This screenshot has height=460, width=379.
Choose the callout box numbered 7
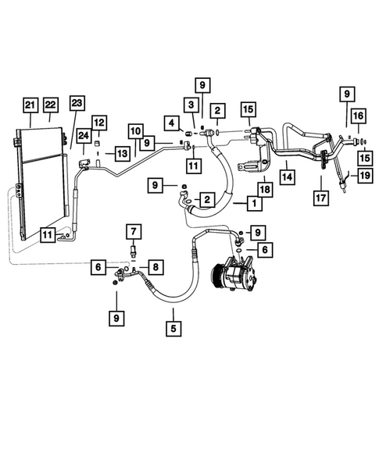coord(134,232)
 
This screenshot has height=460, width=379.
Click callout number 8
coord(156,268)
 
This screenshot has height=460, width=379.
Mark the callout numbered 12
coord(100,122)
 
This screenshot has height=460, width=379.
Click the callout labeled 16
coord(357,116)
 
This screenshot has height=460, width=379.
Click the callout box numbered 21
coord(30,105)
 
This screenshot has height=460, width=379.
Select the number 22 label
coord(52,105)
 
